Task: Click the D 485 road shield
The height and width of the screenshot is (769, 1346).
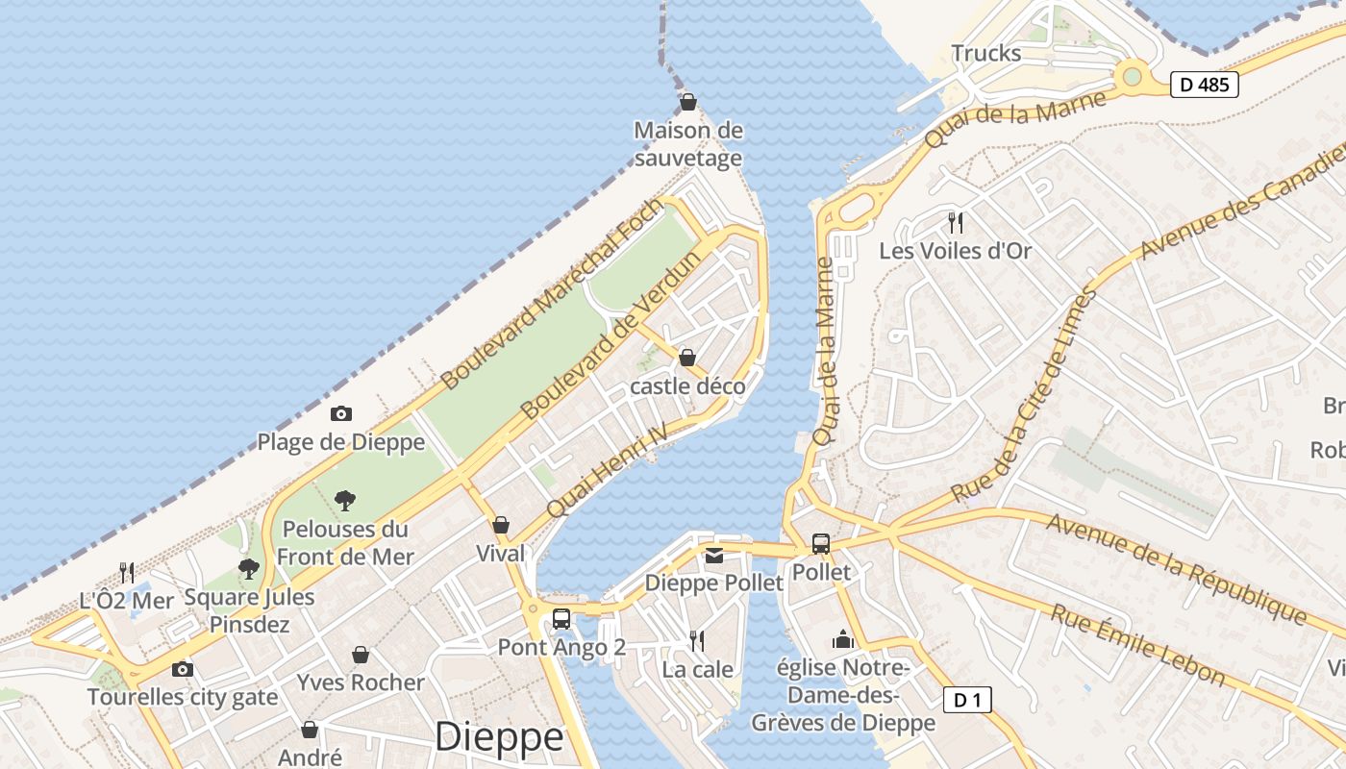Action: coord(1204,85)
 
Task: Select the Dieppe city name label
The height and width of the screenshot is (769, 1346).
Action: coord(499,736)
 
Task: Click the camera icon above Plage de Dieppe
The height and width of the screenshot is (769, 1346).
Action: coord(340,414)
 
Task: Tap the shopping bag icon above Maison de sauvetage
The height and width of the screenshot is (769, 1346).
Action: coord(688,102)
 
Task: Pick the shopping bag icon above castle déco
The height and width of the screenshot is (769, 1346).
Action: coord(687,359)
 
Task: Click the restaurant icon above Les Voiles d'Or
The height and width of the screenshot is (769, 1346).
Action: coord(956,223)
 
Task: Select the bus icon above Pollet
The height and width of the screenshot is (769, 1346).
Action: coord(820,544)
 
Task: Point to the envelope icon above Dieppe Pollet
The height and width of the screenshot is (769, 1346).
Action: coord(714,556)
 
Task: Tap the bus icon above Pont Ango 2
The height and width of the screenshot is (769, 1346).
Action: coord(561,619)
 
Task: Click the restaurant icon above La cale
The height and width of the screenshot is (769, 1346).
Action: coord(697,640)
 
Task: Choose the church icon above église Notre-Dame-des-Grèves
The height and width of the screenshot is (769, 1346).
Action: coord(843,639)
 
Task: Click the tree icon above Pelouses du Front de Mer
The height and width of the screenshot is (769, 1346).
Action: coord(345,500)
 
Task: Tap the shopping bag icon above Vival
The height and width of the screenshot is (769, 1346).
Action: coord(501,525)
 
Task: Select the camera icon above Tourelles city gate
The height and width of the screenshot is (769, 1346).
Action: coord(182,669)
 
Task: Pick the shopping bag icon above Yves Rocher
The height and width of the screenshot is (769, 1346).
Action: coord(361,655)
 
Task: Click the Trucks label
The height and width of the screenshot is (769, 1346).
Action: coord(985,53)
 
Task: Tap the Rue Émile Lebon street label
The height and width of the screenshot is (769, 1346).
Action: coord(1136,644)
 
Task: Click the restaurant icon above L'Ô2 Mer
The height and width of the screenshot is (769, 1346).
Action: coord(127,572)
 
